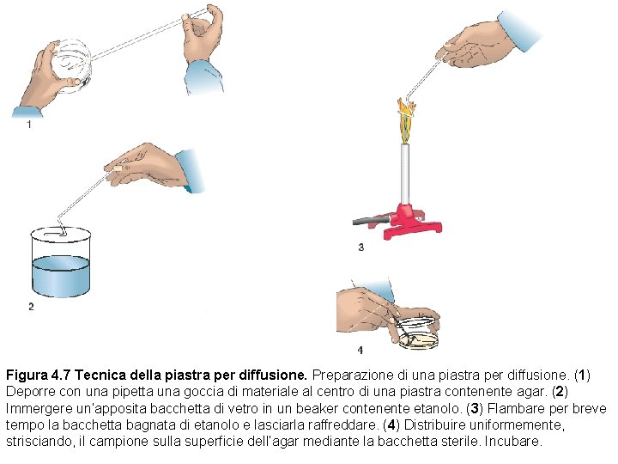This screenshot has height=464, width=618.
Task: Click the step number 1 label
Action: tap(29, 125)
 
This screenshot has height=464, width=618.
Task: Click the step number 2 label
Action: tap(31, 307)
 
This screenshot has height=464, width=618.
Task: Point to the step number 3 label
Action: tap(360, 247)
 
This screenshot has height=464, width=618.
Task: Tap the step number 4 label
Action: tap(360, 350)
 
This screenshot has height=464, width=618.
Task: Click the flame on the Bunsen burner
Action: tap(405, 118)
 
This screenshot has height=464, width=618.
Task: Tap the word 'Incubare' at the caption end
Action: tap(513, 441)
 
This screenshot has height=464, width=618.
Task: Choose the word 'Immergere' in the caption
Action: tap(34, 408)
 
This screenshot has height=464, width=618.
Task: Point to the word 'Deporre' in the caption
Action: tap(28, 392)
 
